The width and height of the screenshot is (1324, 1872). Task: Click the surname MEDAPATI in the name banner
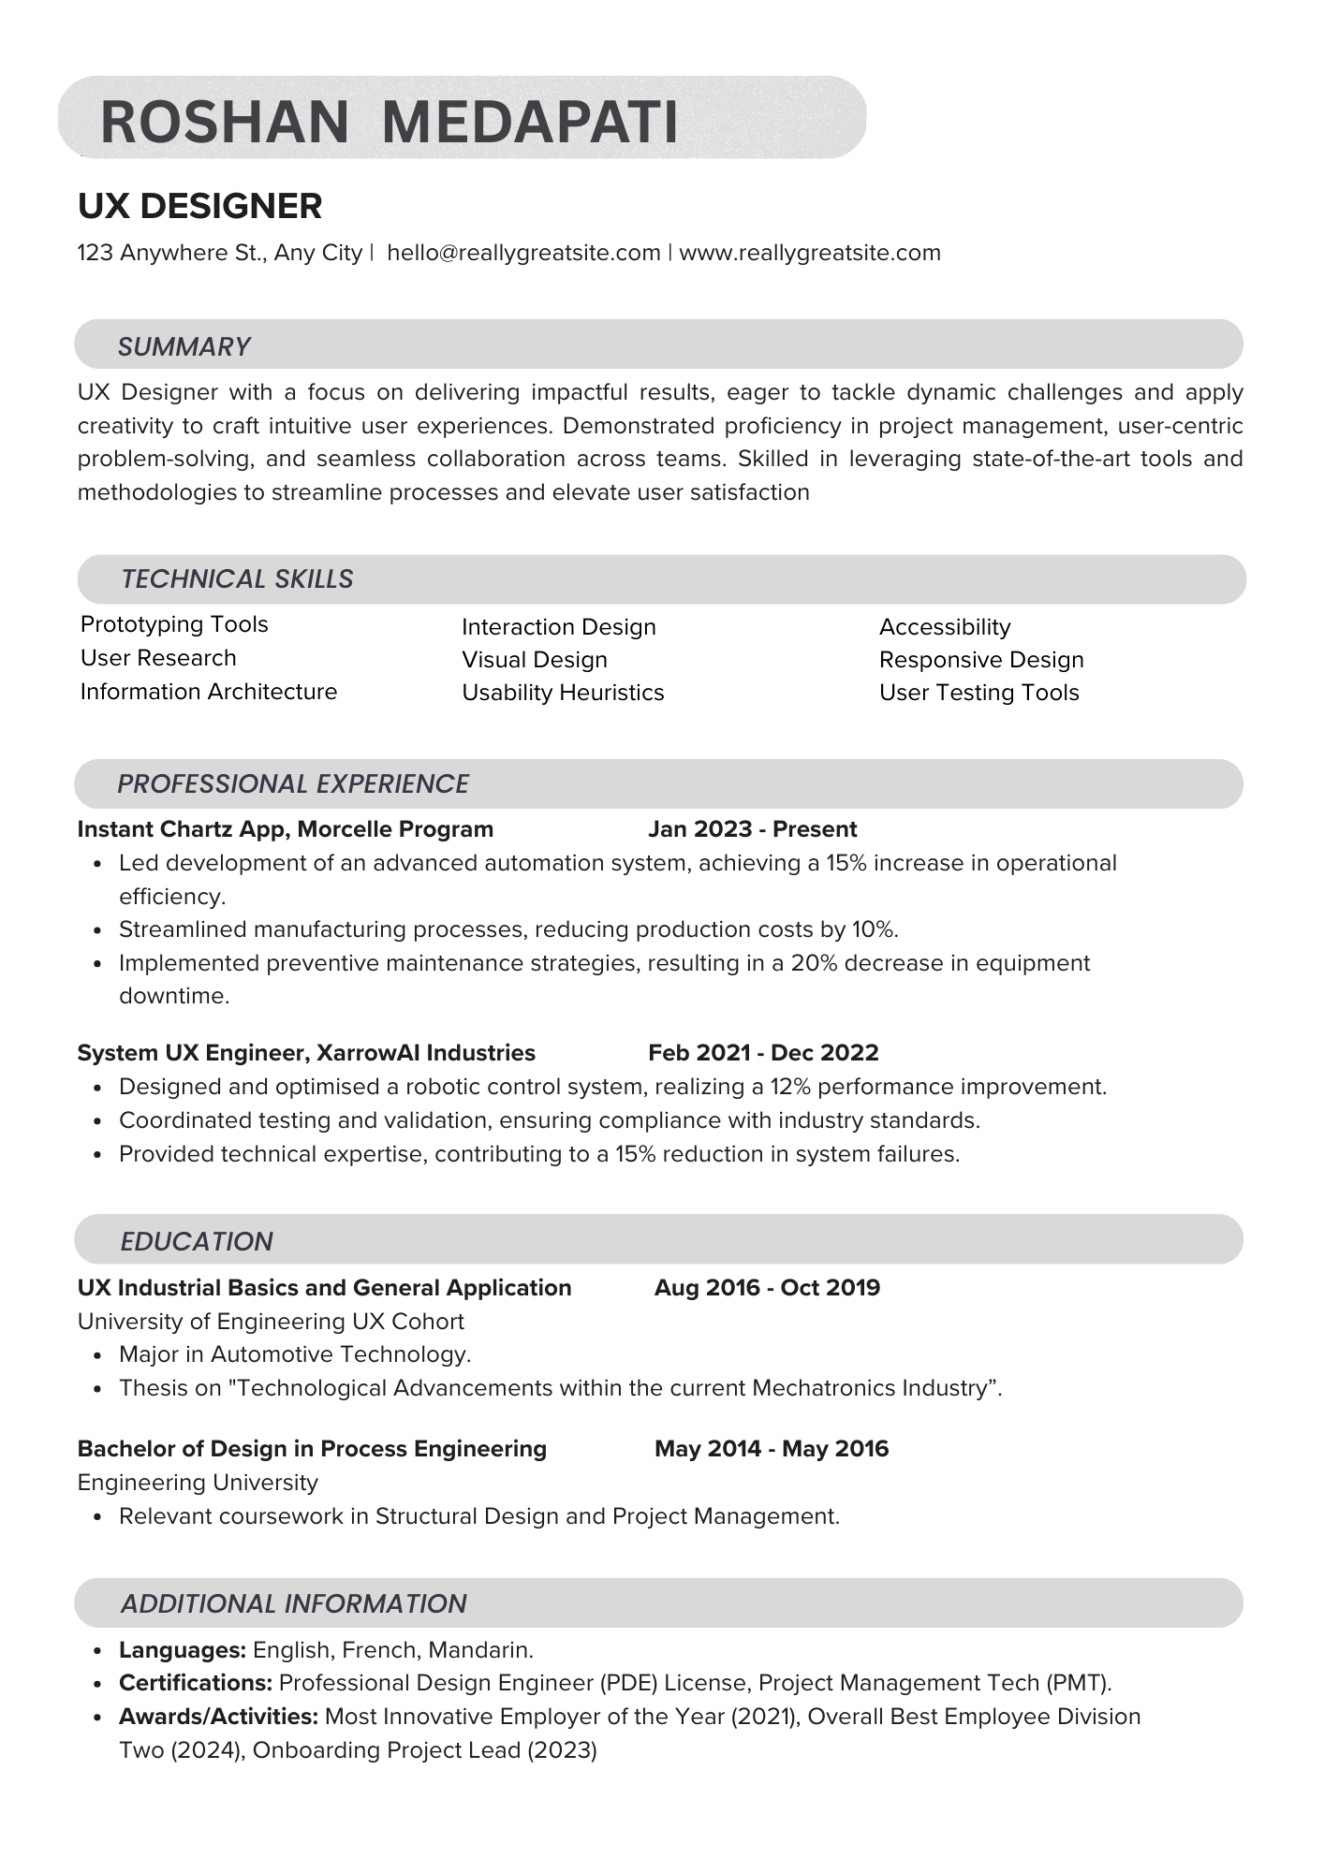(530, 122)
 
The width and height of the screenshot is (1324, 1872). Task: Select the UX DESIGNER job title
(199, 206)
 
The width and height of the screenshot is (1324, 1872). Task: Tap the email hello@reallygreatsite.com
(523, 253)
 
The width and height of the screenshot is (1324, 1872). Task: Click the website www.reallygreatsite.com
(810, 253)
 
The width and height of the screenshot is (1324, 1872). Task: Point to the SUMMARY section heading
(184, 346)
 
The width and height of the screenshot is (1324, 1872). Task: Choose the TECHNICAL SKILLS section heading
(237, 578)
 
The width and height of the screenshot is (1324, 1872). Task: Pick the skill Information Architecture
(209, 692)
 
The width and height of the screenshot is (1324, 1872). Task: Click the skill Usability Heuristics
(563, 693)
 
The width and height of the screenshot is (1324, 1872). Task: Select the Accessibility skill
(945, 627)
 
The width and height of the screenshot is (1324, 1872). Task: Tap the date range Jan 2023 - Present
(752, 829)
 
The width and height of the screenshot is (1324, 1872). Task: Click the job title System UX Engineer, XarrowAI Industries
(306, 1053)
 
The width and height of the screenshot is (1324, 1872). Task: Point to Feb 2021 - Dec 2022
(763, 1053)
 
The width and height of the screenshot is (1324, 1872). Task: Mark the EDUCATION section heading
(197, 1241)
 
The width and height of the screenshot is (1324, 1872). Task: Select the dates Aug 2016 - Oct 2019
(767, 1288)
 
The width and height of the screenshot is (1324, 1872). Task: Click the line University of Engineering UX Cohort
(271, 1322)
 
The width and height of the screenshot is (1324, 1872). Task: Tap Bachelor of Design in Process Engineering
(312, 1449)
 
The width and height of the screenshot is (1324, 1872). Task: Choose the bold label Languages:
(183, 1650)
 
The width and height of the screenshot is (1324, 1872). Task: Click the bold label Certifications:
(196, 1683)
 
